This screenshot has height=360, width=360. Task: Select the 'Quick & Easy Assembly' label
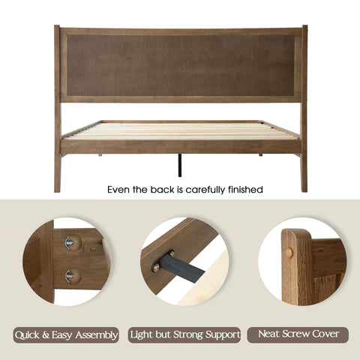pos(66,335)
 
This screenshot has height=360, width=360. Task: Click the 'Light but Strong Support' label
pos(184,335)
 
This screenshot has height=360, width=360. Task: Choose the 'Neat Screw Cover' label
pos(298,334)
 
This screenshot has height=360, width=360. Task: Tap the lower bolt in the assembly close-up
pos(73,277)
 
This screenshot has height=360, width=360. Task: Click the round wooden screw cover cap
pos(289,253)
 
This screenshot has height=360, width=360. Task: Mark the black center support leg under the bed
pos(180,165)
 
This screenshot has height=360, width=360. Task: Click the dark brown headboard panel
pos(181,65)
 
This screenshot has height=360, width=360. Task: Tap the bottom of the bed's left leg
pos(57,191)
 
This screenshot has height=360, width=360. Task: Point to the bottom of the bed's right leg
pos(304,190)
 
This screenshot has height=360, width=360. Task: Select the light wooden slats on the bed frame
pos(181,130)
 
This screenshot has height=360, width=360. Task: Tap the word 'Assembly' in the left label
pos(97,335)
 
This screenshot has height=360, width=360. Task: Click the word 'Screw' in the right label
pos(298,334)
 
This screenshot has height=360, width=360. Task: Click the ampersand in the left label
pos(46,335)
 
